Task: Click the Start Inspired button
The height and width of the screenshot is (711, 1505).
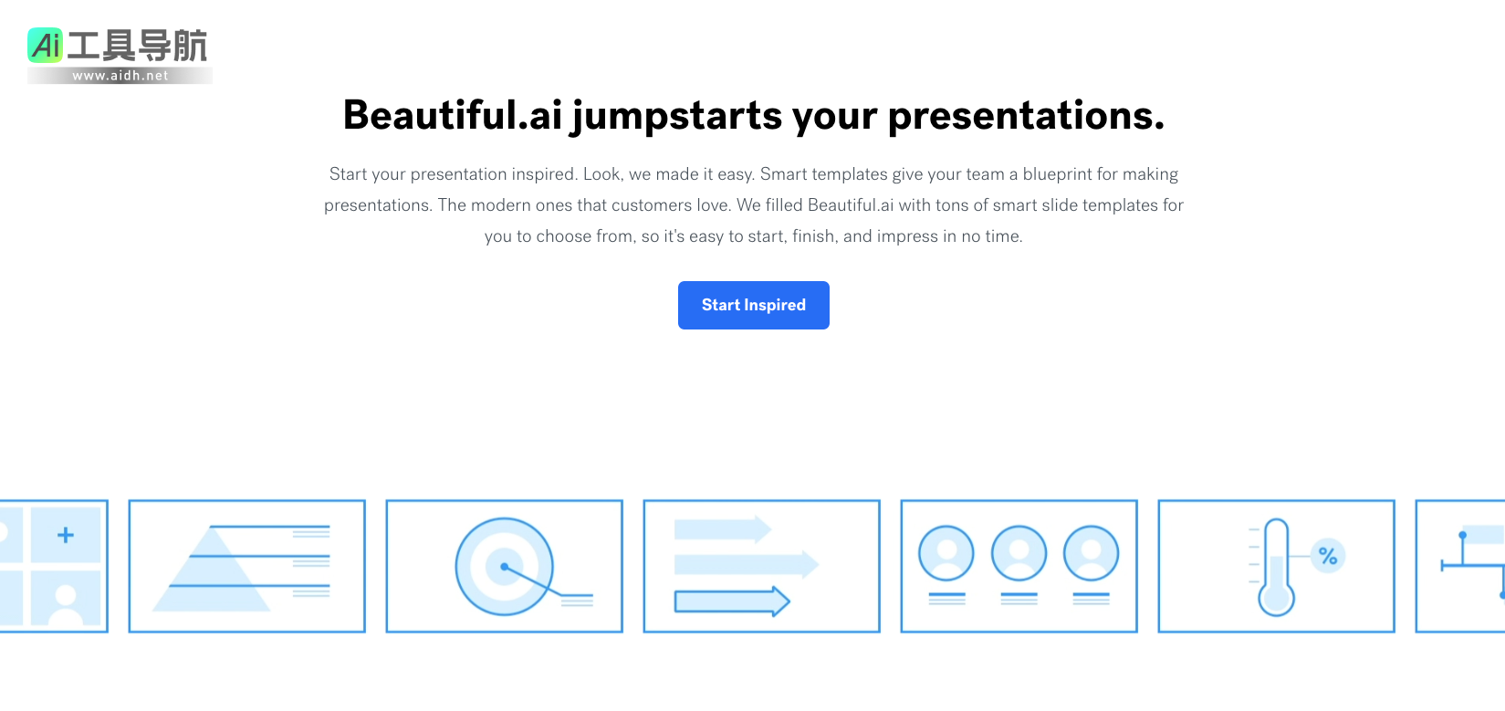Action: pyautogui.click(x=753, y=305)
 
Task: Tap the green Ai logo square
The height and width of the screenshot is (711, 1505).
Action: pyautogui.click(x=45, y=45)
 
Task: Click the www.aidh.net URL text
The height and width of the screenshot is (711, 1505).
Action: pyautogui.click(x=120, y=76)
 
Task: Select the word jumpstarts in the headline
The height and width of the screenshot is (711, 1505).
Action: pyautogui.click(x=677, y=116)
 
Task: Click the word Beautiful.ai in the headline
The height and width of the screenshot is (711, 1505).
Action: pyautogui.click(x=452, y=115)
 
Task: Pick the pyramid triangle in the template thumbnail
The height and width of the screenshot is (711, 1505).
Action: pyautogui.click(x=212, y=570)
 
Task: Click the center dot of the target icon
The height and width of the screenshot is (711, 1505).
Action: pyautogui.click(x=505, y=567)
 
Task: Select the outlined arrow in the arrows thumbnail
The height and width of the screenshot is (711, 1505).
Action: pyautogui.click(x=732, y=601)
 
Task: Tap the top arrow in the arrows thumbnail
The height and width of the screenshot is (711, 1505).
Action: pyautogui.click(x=723, y=529)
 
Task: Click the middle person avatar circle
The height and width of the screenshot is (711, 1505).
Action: pyautogui.click(x=1019, y=553)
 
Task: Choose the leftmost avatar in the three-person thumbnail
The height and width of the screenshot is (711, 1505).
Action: pyautogui.click(x=946, y=553)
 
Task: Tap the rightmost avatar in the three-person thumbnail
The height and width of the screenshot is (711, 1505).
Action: pyautogui.click(x=1092, y=553)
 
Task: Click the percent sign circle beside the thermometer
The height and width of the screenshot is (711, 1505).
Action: pyautogui.click(x=1328, y=557)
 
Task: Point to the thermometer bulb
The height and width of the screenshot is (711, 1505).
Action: pyautogui.click(x=1277, y=598)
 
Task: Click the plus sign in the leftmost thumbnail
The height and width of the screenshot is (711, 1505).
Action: pyautogui.click(x=66, y=535)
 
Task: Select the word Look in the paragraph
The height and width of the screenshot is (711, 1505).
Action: pyautogui.click(x=601, y=174)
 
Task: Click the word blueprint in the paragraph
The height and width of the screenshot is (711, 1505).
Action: pyautogui.click(x=1058, y=174)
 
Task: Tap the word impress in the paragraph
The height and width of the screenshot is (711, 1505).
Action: pyautogui.click(x=907, y=237)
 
